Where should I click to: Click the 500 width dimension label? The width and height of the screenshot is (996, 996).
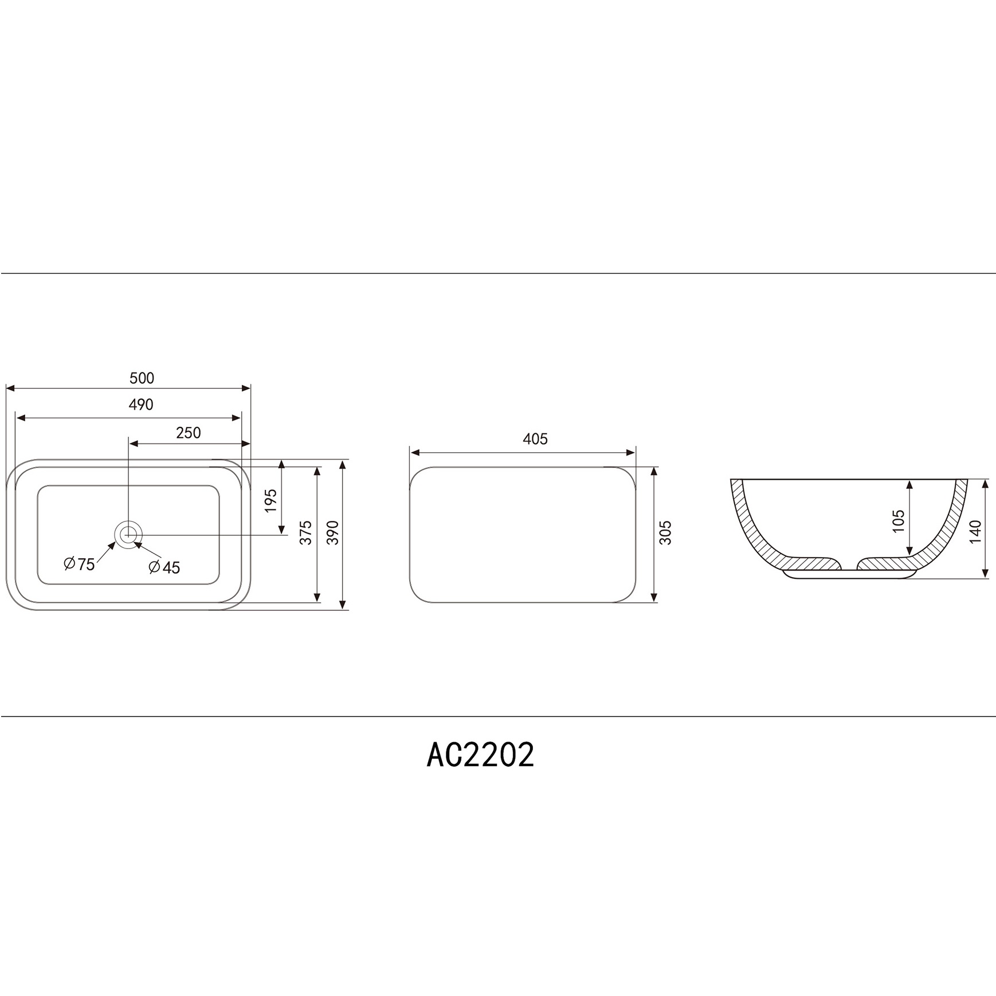click(x=142, y=378)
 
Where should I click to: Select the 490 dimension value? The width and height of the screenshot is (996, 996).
click(x=141, y=405)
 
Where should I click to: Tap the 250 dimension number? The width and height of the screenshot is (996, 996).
click(x=188, y=433)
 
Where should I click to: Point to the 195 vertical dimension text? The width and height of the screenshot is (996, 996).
click(x=271, y=500)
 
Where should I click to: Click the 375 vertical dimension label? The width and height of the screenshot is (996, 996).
click(x=307, y=532)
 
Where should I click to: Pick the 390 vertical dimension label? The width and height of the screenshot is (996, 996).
click(x=333, y=532)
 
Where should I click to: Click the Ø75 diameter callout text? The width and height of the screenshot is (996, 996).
click(x=80, y=564)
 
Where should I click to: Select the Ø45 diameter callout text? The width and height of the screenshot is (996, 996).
click(x=164, y=567)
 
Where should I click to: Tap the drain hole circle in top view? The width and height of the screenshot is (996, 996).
click(x=129, y=535)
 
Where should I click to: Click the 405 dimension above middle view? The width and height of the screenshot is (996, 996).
click(x=535, y=440)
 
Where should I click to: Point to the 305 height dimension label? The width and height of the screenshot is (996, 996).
click(x=665, y=532)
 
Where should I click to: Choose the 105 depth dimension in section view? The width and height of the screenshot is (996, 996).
click(x=899, y=521)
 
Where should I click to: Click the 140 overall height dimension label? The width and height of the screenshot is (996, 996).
click(x=976, y=531)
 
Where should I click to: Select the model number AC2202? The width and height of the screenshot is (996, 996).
click(x=480, y=755)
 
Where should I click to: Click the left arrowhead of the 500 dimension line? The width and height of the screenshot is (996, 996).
click(x=10, y=389)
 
